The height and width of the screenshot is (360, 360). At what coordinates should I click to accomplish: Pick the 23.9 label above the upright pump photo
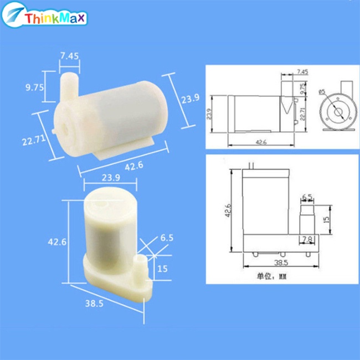point(111,177)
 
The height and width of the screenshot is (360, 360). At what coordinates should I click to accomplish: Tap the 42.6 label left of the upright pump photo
point(58,242)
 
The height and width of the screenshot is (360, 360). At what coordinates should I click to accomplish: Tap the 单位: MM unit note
point(271,275)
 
